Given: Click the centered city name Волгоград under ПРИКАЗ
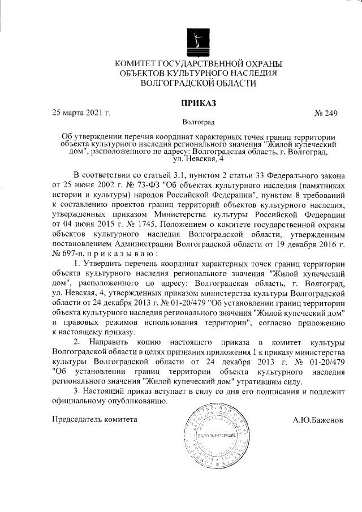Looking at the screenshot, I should (x=199, y=122).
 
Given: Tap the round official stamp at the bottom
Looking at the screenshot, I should (x=213, y=437).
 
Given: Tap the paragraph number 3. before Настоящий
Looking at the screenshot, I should (x=77, y=391).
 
